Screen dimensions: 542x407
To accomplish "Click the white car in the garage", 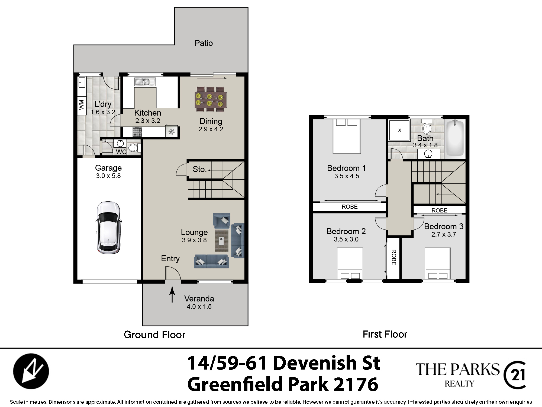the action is [x=108, y=228].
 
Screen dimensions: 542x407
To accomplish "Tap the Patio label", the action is [x=204, y=43].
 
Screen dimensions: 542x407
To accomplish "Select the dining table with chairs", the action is [x=211, y=99].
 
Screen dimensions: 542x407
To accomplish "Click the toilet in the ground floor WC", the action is [x=134, y=148].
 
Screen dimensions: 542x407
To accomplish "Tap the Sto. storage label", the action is [x=199, y=169].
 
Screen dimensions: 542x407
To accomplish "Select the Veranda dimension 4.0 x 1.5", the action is [x=199, y=307].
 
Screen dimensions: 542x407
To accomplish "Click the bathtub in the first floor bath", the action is [x=455, y=138].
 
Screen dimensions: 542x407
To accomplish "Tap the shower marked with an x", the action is [x=399, y=130].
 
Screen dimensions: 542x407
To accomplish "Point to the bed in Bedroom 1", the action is [x=347, y=136].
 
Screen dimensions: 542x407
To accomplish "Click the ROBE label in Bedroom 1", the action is [x=350, y=207].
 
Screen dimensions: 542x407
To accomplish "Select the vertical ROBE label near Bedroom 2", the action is [x=394, y=257].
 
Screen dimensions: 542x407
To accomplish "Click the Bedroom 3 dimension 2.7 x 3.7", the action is [x=444, y=234].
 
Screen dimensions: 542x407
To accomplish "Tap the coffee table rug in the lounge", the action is [x=222, y=241].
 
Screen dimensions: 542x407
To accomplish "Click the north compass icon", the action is [x=31, y=371].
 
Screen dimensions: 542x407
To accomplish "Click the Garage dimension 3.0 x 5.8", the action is [x=108, y=176].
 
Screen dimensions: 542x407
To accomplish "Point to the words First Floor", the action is [x=385, y=334].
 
